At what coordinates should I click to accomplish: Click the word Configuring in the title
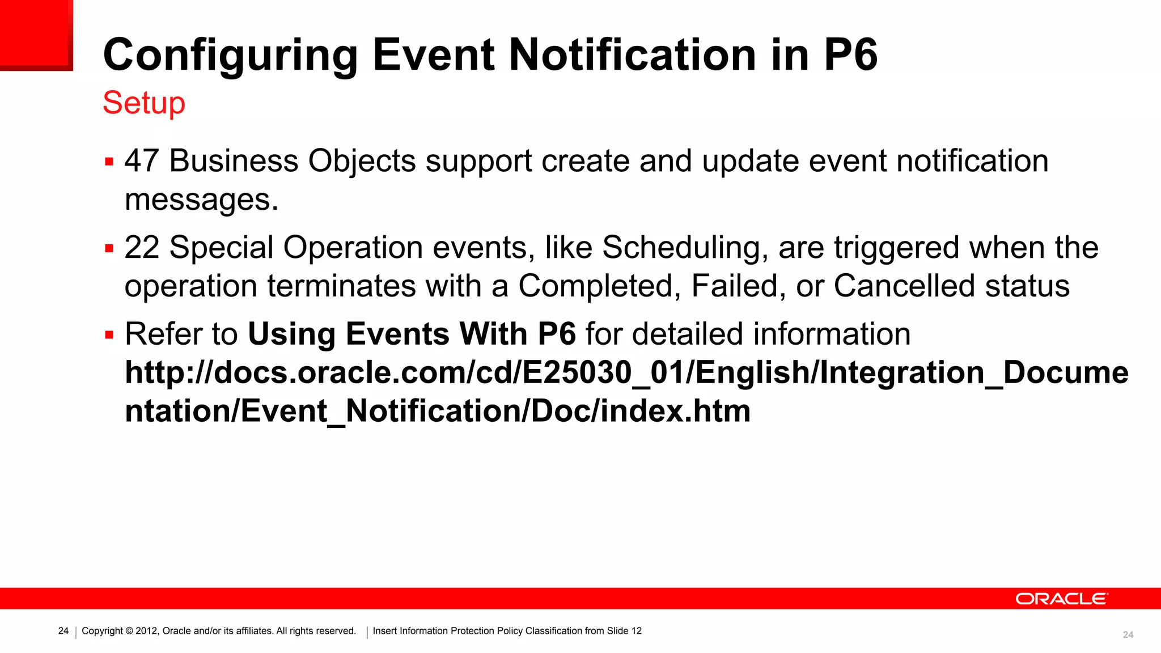click(230, 56)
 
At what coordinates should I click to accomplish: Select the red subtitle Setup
click(144, 103)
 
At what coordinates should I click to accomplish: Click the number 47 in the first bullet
click(141, 161)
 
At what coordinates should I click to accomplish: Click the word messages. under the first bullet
click(201, 200)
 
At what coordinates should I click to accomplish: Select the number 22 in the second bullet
click(141, 248)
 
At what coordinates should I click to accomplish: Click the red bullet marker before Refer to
click(109, 336)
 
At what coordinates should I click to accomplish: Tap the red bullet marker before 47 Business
click(109, 162)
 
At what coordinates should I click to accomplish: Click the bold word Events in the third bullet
click(397, 334)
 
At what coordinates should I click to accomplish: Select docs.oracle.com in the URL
click(340, 373)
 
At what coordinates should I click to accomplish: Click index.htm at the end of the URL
click(675, 411)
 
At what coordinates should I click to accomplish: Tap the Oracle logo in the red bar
click(1061, 599)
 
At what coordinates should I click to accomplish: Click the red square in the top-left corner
click(36, 34)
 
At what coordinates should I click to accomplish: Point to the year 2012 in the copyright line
click(146, 631)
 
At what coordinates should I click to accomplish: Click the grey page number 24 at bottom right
click(1128, 635)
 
